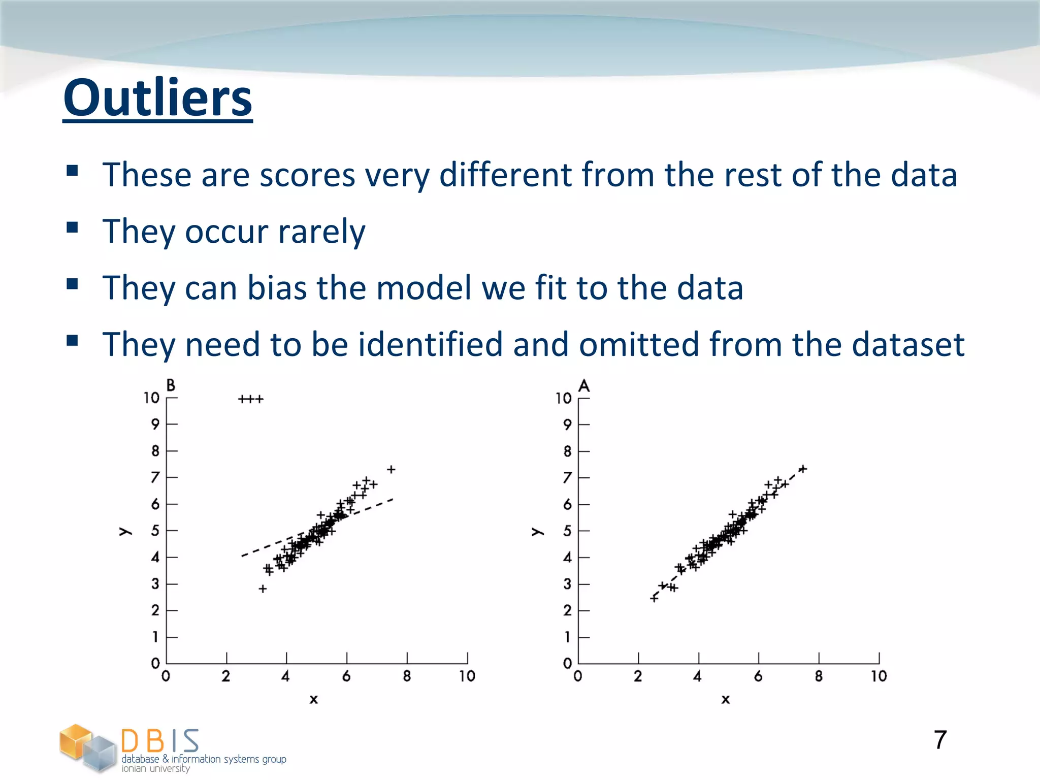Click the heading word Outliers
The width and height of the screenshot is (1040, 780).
click(157, 97)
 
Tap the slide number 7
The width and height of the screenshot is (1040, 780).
click(940, 740)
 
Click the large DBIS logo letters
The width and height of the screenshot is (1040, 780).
click(160, 741)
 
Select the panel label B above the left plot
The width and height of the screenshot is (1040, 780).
click(171, 385)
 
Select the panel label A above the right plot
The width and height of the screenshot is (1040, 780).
click(584, 386)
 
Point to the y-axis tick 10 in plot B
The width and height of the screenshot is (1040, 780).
click(151, 398)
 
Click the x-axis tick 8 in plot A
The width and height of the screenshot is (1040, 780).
click(819, 676)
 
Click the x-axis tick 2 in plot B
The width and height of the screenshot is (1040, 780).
click(226, 676)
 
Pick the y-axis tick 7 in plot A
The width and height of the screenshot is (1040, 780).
click(567, 478)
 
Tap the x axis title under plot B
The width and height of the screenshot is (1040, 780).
click(314, 700)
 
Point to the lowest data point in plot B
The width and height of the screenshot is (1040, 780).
click(263, 589)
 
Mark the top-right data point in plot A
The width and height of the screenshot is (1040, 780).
click(803, 469)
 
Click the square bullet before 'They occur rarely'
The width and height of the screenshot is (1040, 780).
click(72, 227)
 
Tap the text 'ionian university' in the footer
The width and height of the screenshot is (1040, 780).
click(155, 769)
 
